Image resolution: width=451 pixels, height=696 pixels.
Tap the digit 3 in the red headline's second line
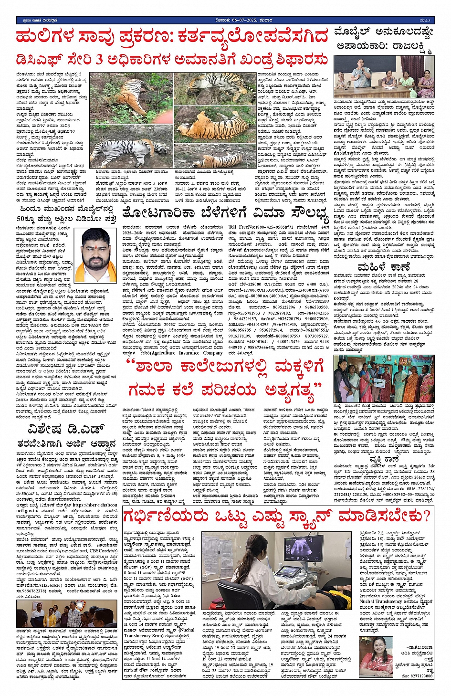100,60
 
